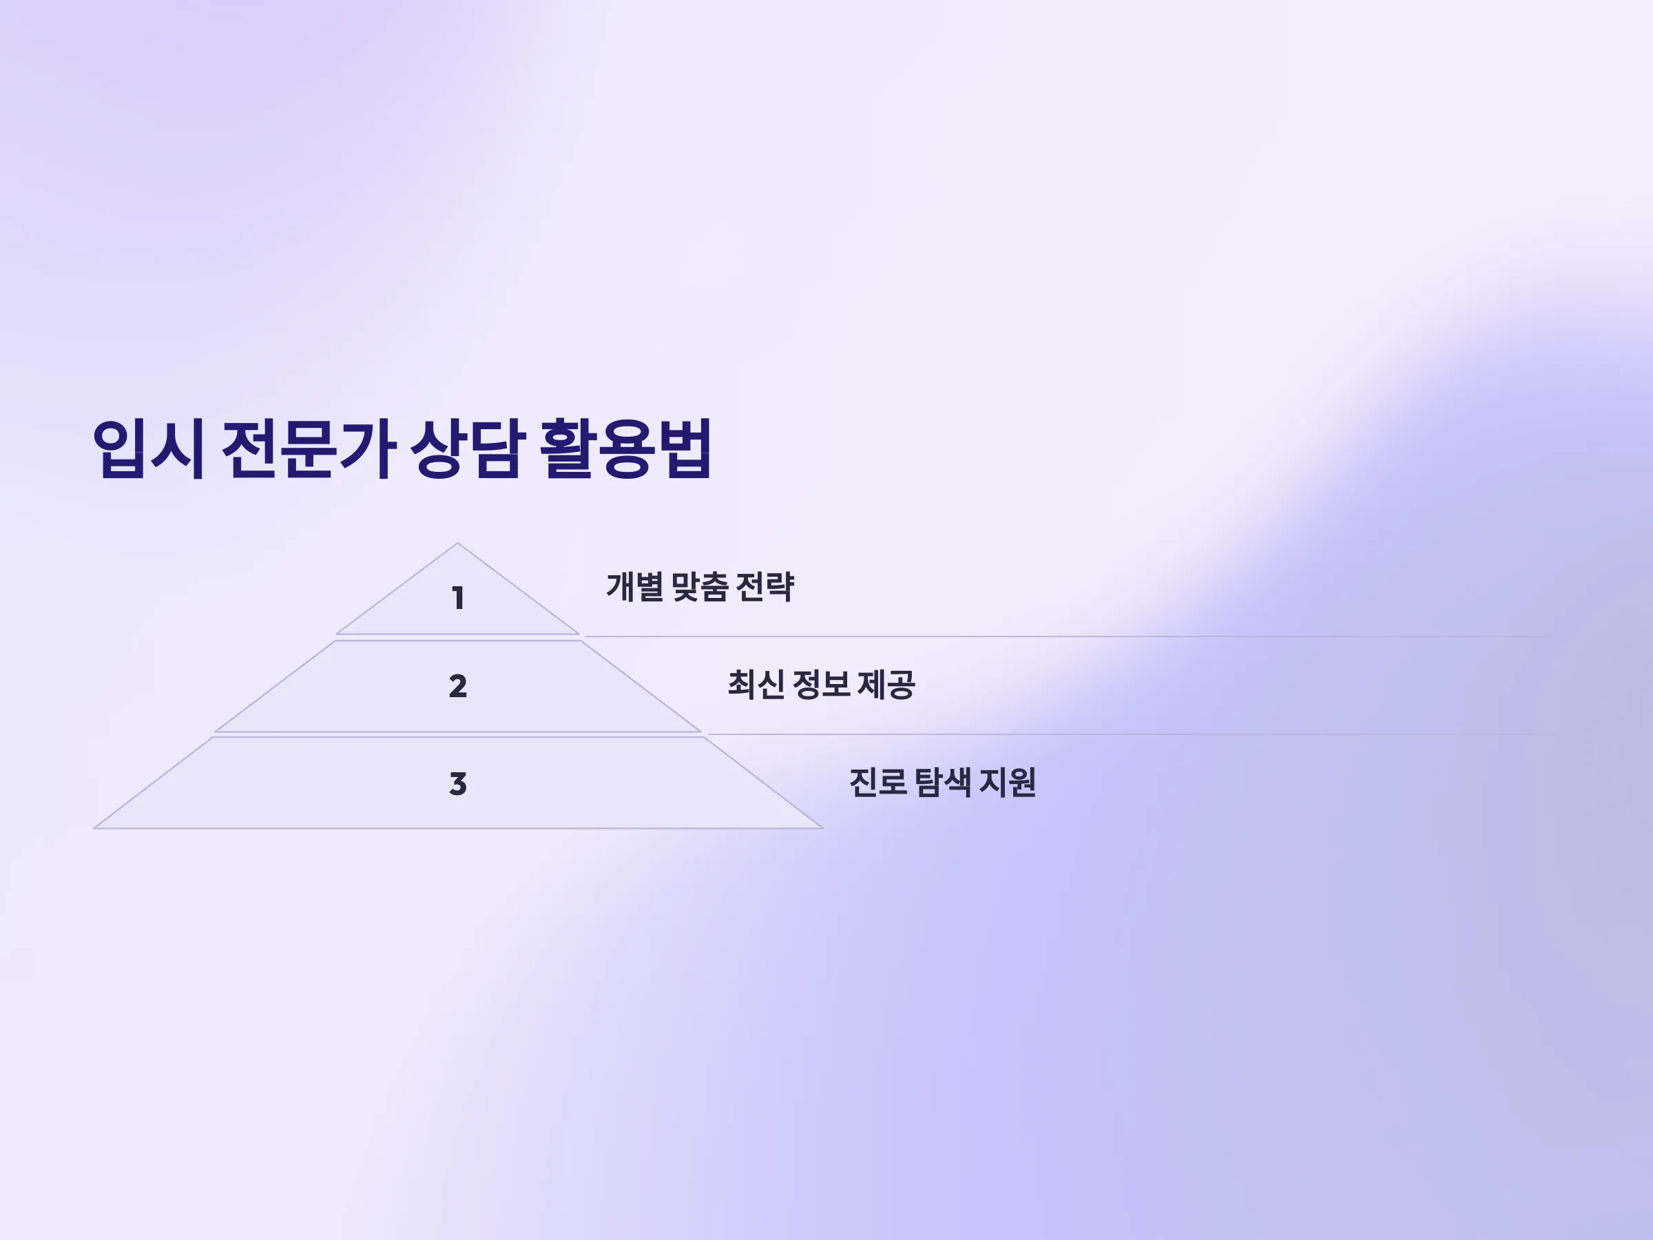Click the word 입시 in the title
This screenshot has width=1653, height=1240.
[148, 448]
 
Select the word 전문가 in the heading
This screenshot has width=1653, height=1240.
[309, 448]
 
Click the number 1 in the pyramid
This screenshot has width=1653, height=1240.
[458, 598]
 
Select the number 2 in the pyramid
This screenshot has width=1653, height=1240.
[458, 686]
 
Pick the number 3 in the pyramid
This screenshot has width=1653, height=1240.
[458, 784]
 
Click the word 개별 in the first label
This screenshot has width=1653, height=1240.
[634, 587]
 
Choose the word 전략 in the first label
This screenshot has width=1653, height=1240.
[765, 587]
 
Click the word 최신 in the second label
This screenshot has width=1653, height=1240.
[756, 685]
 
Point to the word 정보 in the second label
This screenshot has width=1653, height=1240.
[821, 685]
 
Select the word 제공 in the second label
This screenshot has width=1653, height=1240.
[886, 685]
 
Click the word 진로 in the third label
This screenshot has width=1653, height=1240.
[878, 783]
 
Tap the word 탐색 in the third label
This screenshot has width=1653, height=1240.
[943, 783]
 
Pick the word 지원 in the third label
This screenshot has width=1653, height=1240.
[1008, 783]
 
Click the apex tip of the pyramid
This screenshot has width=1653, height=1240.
[457, 544]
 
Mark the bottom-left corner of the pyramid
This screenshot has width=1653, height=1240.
[94, 827]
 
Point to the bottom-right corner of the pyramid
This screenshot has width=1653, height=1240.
[822, 827]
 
